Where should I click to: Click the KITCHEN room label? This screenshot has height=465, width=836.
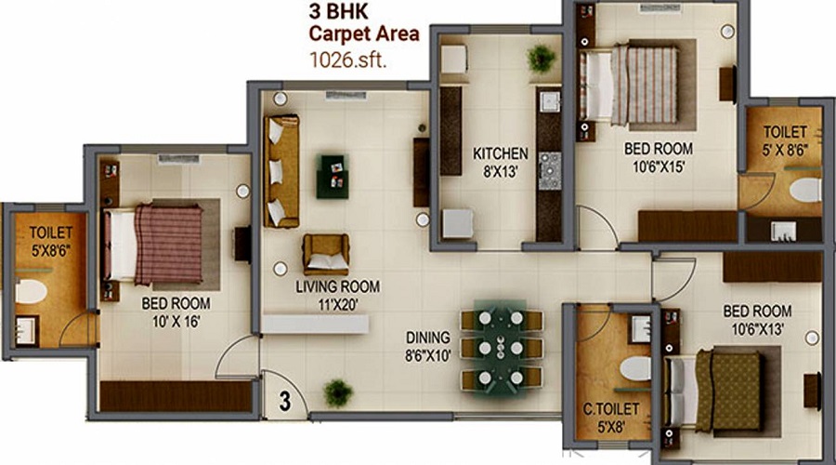pyautogui.click(x=500, y=153)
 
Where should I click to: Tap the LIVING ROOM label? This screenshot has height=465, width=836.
pyautogui.click(x=338, y=286)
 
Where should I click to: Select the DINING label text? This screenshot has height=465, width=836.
pyautogui.click(x=427, y=338)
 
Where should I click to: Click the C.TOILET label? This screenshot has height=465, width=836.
pyautogui.click(x=610, y=409)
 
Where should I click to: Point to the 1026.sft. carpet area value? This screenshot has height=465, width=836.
pyautogui.click(x=347, y=60)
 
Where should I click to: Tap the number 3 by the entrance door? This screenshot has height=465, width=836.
pyautogui.click(x=285, y=402)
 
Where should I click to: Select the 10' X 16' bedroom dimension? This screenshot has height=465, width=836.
pyautogui.click(x=176, y=322)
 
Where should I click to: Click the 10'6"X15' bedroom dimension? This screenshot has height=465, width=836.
pyautogui.click(x=659, y=167)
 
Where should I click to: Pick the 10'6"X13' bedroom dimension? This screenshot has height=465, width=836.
pyautogui.click(x=757, y=329)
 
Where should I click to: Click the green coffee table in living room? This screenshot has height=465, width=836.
pyautogui.click(x=333, y=176)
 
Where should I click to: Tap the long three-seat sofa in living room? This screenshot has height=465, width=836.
pyautogui.click(x=281, y=171)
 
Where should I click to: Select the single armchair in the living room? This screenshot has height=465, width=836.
pyautogui.click(x=326, y=254)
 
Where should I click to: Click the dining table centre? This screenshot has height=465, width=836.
pyautogui.click(x=502, y=348)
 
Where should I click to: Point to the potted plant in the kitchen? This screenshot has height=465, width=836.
pyautogui.click(x=542, y=59)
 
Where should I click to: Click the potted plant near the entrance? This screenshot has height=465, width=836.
pyautogui.click(x=338, y=393)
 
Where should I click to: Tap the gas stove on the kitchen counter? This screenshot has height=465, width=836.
pyautogui.click(x=549, y=171)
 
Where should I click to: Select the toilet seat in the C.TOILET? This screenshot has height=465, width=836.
pyautogui.click(x=635, y=368)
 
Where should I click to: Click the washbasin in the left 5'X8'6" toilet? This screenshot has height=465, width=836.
pyautogui.click(x=26, y=331)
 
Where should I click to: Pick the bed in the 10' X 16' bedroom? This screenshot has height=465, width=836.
pyautogui.click(x=153, y=244)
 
